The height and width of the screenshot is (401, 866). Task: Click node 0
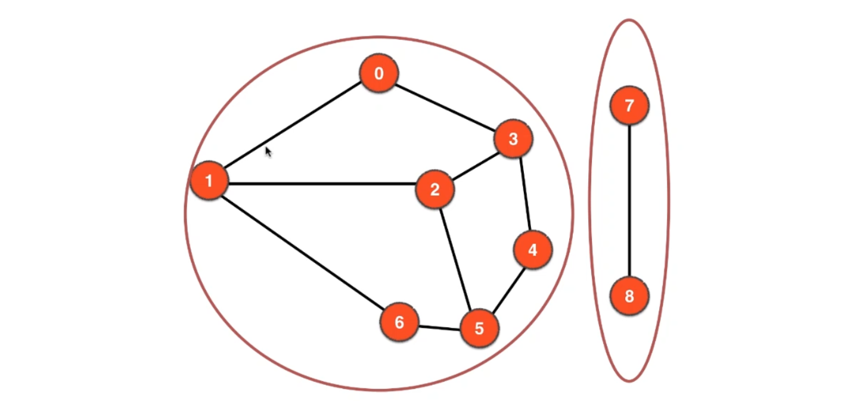378,74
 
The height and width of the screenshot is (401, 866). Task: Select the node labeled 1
209,181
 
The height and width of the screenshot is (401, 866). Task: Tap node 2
434,190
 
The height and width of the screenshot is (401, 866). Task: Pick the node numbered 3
513,139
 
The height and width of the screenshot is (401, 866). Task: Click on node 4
532,250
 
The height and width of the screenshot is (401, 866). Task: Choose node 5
479,328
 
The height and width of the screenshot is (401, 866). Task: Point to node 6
399,322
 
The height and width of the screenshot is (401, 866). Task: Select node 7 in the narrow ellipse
629,106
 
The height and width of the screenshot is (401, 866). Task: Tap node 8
629,296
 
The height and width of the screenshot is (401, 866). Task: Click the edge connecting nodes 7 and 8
629,201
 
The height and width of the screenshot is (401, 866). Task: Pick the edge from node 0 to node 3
446,107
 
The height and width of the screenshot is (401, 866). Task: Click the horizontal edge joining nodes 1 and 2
322,184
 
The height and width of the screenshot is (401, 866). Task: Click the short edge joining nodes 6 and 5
439,326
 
